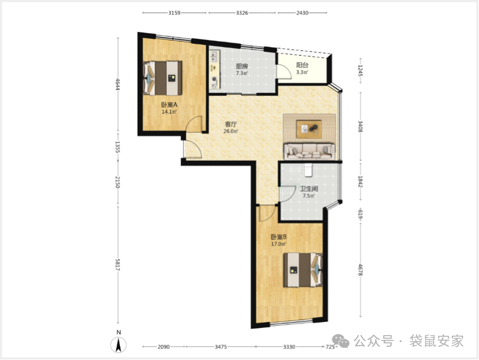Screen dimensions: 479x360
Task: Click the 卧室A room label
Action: pyautogui.click(x=169, y=105)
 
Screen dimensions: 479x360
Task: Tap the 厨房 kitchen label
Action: pyautogui.click(x=242, y=66)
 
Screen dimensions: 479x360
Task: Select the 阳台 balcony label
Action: pyautogui.click(x=302, y=65)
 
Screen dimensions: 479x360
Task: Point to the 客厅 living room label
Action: pyautogui.click(x=231, y=124)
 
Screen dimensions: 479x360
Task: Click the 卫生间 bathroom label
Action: pyautogui.click(x=309, y=189)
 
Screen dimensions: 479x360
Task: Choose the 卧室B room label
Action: pyautogui.click(x=279, y=237)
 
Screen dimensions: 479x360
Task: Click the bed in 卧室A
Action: pyautogui.click(x=163, y=78)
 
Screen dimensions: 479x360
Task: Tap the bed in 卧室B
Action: pyautogui.click(x=303, y=270)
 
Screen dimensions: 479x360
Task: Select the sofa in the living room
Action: pyautogui.click(x=309, y=152)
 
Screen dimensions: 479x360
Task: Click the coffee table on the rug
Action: pyautogui.click(x=309, y=129)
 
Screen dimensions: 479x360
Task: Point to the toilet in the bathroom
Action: pyautogui.click(x=309, y=170)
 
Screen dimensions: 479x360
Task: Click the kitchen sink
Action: pyautogui.click(x=214, y=56)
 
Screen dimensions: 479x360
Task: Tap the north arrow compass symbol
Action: pyautogui.click(x=118, y=345)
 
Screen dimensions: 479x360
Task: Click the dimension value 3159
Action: pyautogui.click(x=174, y=13)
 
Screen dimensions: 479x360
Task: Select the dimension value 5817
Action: pyautogui.click(x=118, y=264)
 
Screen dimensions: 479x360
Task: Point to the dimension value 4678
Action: pyautogui.click(x=361, y=270)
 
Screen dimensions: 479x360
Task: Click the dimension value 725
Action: pyautogui.click(x=330, y=347)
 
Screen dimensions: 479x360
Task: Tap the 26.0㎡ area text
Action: pyautogui.click(x=231, y=131)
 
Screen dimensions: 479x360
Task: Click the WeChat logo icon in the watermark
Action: pyautogui.click(x=341, y=340)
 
